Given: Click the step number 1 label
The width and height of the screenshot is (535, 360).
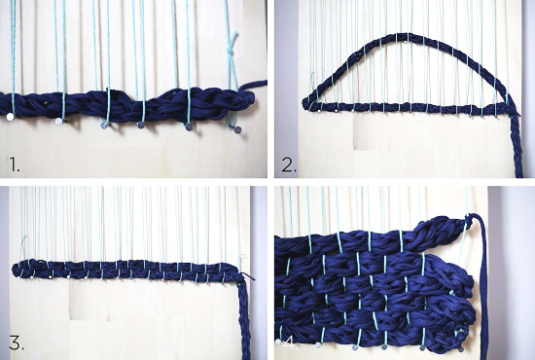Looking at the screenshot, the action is coord(14,164).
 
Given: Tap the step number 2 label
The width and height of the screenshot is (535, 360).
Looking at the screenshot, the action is coord(289,165).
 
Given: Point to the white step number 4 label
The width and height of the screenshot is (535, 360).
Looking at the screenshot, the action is coord(291,343).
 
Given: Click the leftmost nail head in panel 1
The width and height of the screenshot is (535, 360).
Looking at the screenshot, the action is coord(11,117).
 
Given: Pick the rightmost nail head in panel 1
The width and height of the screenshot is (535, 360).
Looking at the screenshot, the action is coord(237,129).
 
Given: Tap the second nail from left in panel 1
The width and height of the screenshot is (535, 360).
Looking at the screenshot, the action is coord(59,122).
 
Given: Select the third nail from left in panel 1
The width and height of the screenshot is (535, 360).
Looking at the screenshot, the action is coord(104,126).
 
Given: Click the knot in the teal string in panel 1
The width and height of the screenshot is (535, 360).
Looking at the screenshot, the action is coord(232,51).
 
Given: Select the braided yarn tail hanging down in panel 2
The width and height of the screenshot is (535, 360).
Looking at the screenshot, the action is coord(516,147).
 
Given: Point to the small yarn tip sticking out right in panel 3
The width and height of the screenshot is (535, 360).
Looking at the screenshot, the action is coord(249,276).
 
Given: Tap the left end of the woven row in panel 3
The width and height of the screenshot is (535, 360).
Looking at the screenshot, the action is coord(16,270).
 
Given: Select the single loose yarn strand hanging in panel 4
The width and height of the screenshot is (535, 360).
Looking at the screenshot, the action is coord(483,287).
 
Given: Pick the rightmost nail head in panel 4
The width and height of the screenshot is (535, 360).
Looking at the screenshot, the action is coord(461,349).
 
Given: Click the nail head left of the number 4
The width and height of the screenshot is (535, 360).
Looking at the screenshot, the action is coord(278,342).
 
